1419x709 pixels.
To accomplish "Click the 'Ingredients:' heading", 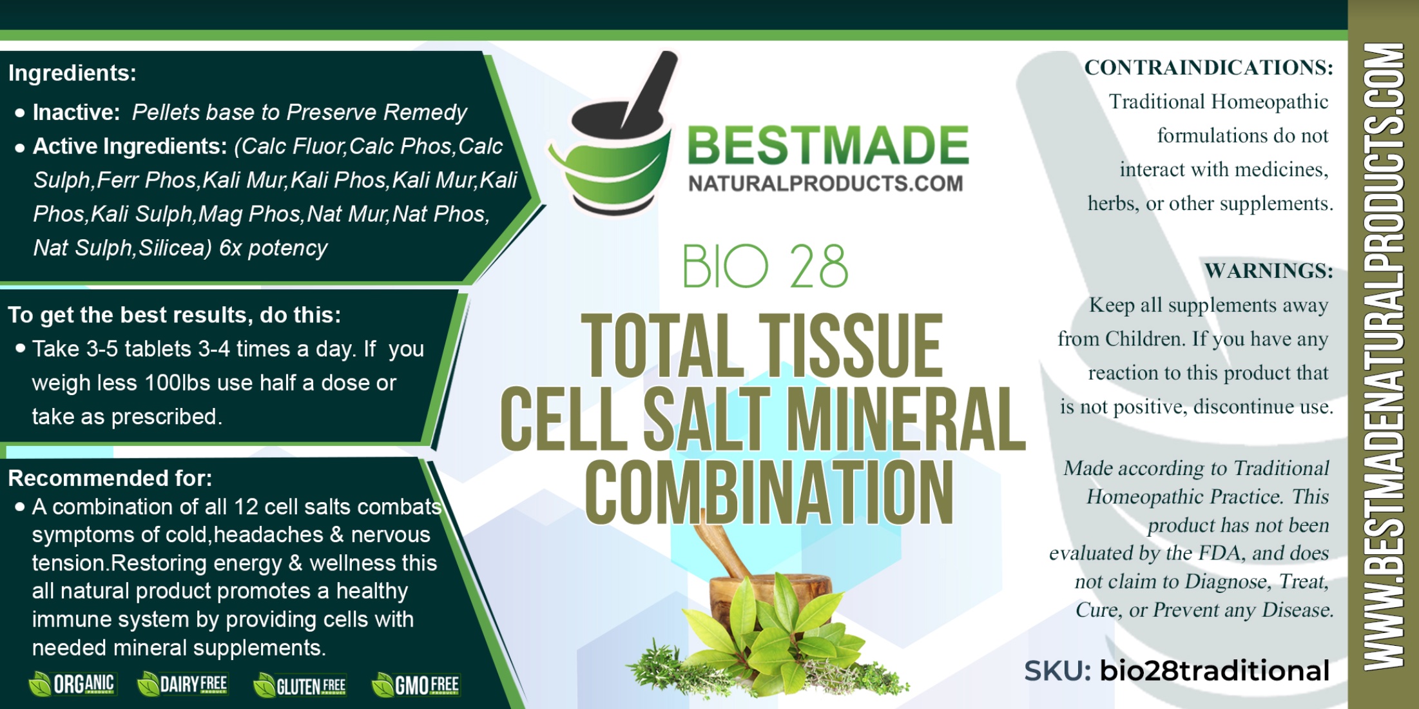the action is pyautogui.click(x=72, y=73).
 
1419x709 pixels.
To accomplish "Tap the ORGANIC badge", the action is pyautogui.click(x=72, y=684).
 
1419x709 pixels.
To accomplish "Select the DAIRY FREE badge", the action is pyautogui.click(x=183, y=684).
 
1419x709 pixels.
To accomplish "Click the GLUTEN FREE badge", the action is pyautogui.click(x=300, y=685).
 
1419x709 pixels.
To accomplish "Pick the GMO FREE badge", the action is pyautogui.click(x=416, y=685).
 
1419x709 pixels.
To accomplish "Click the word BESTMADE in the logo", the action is pyautogui.click(x=828, y=145).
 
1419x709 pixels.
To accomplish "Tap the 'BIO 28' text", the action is pyautogui.click(x=765, y=266).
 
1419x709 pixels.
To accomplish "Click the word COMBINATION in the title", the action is pyautogui.click(x=769, y=493).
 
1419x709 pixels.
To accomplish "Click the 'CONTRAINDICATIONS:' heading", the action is pyautogui.click(x=1209, y=68).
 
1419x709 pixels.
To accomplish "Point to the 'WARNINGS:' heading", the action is pyautogui.click(x=1269, y=271).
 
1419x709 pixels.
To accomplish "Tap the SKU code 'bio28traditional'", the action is pyautogui.click(x=1215, y=670).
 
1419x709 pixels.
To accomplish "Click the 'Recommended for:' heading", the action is pyautogui.click(x=110, y=478).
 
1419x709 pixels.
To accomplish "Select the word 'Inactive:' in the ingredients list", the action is pyautogui.click(x=77, y=112).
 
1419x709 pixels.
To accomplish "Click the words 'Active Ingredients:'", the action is pyautogui.click(x=130, y=146).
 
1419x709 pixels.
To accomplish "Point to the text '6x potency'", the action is pyautogui.click(x=273, y=248).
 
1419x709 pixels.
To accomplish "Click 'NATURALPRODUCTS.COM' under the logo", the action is pyautogui.click(x=825, y=184).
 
